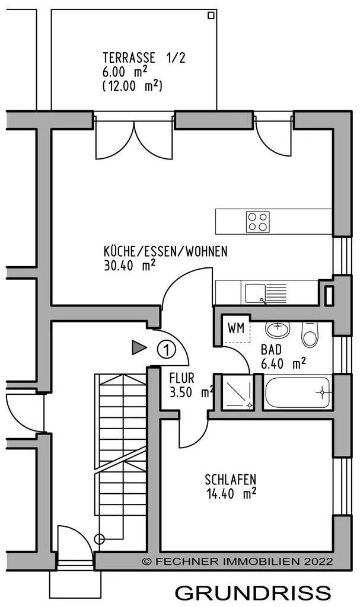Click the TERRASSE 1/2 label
point(144,57)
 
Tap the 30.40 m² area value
point(130,266)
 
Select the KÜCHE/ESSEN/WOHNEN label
point(165,251)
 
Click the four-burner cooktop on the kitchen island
point(258,222)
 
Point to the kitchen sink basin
point(255,293)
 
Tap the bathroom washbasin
point(278,330)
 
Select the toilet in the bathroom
point(310,334)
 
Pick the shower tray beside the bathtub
point(237,393)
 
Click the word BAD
point(271,350)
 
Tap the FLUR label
point(181,378)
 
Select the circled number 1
point(167,350)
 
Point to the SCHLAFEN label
point(231,479)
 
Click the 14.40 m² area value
point(232,494)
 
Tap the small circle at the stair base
point(100,538)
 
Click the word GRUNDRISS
point(253,593)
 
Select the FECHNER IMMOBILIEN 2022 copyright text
point(237,561)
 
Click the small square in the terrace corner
point(211,15)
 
